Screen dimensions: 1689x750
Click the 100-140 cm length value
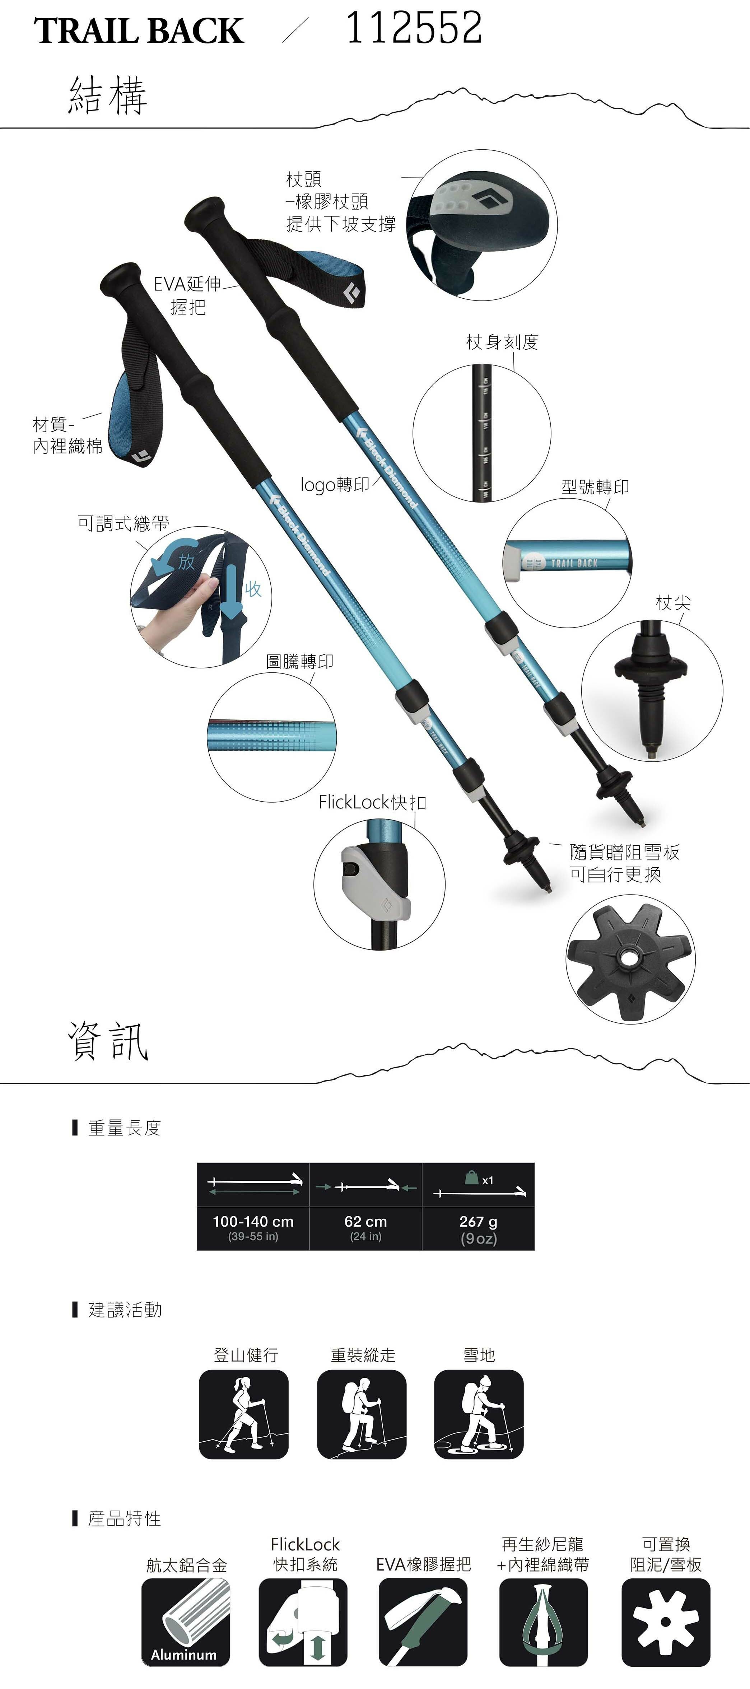coord(253,1222)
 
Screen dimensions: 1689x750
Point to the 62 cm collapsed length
coord(365,1222)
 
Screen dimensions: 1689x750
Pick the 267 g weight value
coord(478,1222)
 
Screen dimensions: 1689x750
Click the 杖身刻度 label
coord(502,342)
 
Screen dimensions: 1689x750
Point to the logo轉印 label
coord(334,485)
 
